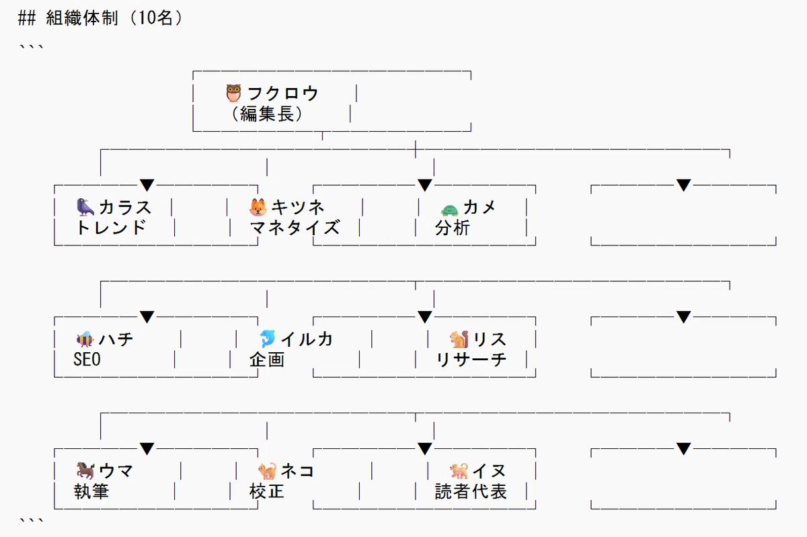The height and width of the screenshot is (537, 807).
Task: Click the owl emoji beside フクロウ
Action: tap(233, 93)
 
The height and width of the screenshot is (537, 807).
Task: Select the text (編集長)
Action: tap(267, 114)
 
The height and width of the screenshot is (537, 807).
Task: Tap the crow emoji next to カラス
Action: tap(85, 207)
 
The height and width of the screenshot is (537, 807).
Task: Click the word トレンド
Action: tap(110, 228)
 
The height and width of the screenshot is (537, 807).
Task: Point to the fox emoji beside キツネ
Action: tap(258, 207)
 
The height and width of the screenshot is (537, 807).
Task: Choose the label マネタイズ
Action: tap(295, 228)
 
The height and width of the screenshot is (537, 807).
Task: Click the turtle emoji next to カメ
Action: tap(450, 209)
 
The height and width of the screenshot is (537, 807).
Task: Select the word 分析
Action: tap(453, 228)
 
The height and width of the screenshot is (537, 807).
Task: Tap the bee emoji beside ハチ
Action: tap(85, 339)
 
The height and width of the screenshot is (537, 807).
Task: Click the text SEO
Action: tap(87, 360)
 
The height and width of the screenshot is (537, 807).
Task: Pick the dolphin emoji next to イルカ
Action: tap(268, 339)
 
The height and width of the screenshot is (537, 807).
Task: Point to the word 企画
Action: tap(267, 360)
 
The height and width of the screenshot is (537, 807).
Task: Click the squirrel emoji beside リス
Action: tap(459, 339)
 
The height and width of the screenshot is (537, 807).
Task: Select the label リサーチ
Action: tap(471, 360)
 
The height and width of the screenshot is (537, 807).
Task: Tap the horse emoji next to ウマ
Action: tap(85, 470)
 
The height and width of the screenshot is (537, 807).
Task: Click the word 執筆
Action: tap(91, 491)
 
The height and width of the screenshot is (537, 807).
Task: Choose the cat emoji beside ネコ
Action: tap(268, 470)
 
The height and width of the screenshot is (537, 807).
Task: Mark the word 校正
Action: tap(267, 491)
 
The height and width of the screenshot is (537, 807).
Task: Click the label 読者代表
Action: tap(471, 491)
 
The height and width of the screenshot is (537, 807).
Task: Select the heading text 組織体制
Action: tap(82, 17)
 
